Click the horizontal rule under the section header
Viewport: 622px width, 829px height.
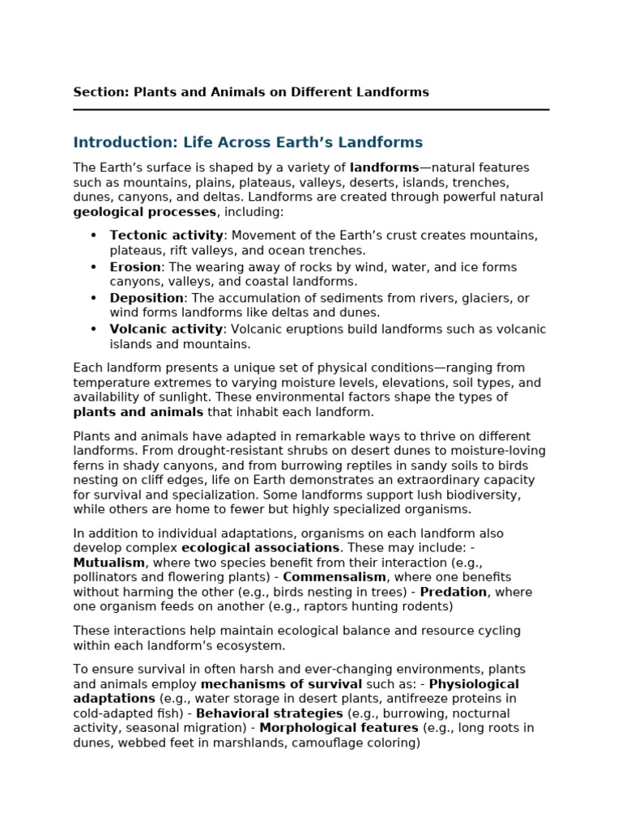311,109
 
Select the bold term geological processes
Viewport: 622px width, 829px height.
144,212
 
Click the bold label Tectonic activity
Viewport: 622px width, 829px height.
166,236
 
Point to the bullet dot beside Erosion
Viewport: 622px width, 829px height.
93,267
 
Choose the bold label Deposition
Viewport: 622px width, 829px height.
147,298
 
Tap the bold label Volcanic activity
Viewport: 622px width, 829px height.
166,329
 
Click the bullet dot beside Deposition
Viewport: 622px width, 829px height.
93,298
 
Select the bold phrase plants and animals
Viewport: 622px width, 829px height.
138,412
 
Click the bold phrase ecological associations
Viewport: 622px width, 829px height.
266,548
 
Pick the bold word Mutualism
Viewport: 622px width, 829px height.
109,563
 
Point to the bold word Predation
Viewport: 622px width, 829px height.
453,592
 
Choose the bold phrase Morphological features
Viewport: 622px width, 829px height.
339,728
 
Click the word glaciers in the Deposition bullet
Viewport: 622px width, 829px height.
493,298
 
